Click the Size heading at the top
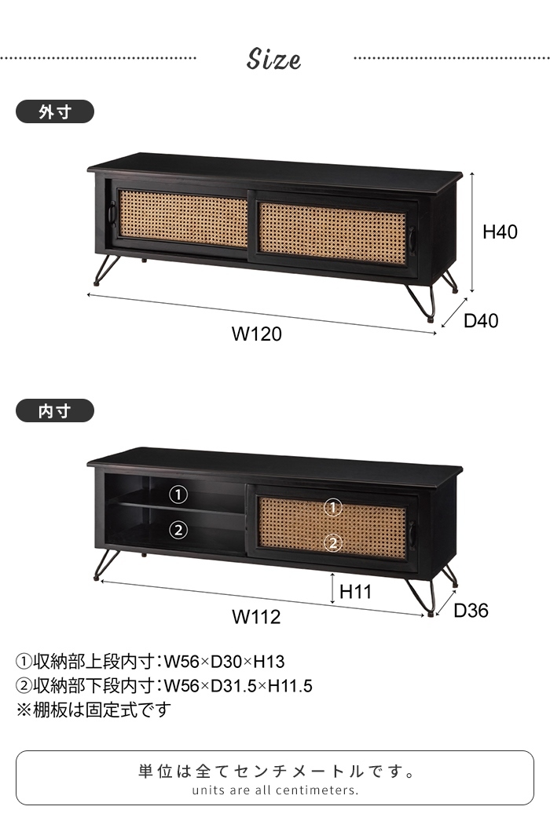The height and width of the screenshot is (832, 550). point(274,60)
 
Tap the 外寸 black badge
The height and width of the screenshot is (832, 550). point(55,112)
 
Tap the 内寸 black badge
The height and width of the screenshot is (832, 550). point(55,411)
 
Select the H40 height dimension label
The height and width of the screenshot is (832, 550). point(500,232)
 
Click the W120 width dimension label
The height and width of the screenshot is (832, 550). point(256,334)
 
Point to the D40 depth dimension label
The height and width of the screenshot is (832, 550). point(481,320)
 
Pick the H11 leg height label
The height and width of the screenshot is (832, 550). point(356,592)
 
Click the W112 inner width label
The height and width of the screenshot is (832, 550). point(256,617)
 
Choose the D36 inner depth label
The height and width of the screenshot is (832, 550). point(471,610)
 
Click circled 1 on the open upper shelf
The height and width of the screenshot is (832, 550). point(179,494)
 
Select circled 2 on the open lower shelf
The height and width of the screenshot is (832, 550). point(179,530)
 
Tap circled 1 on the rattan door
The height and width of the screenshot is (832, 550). point(333,508)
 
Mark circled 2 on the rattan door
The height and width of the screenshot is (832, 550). point(333,542)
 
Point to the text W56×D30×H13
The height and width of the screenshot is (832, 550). point(224,662)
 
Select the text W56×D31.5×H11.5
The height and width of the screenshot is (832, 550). point(238,687)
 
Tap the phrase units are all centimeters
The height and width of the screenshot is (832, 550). point(275,790)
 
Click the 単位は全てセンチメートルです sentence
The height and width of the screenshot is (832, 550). point(275,772)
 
